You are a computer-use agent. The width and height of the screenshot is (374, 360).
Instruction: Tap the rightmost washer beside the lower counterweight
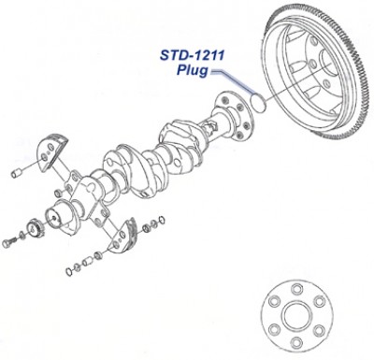[158, 221]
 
